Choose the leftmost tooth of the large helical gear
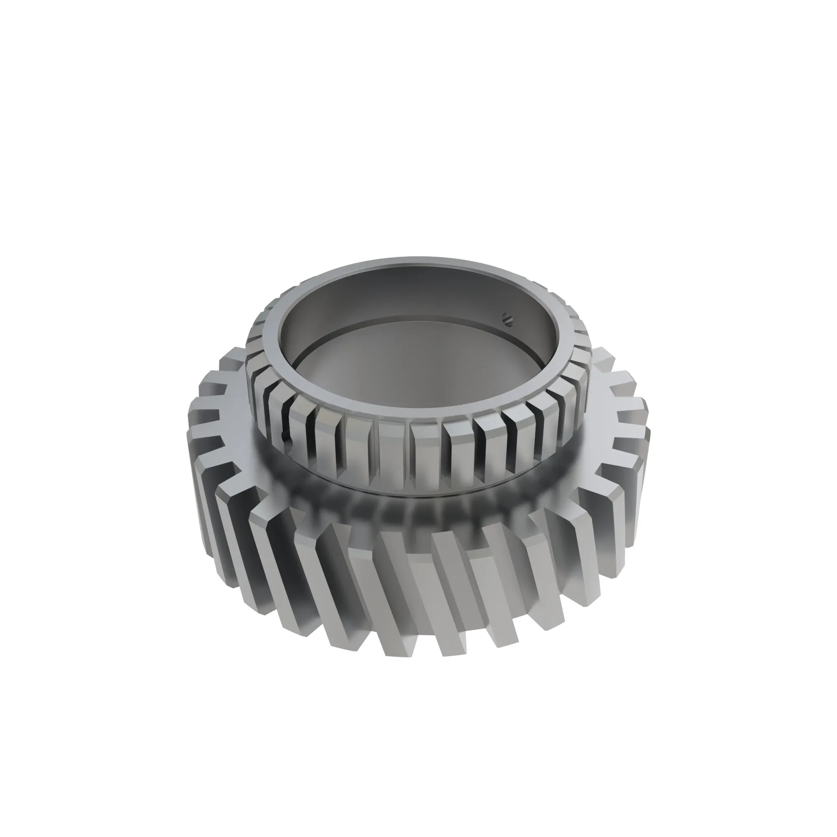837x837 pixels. [195, 433]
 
